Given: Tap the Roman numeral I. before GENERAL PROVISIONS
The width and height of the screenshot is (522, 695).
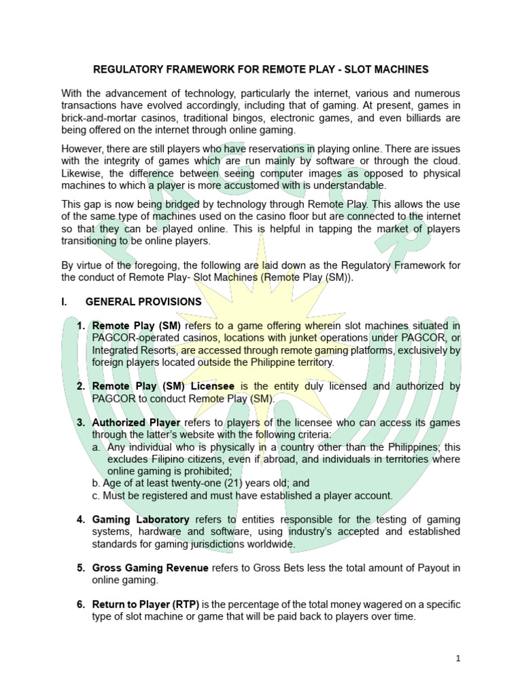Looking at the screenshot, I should click(x=65, y=301).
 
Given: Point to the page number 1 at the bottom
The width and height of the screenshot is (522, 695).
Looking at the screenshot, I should click(x=459, y=658).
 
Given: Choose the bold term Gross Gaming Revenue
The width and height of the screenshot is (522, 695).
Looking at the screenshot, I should click(x=151, y=568).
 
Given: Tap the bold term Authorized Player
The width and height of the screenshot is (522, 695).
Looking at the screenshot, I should click(x=135, y=423).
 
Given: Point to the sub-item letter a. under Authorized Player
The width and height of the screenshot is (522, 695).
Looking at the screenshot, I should click(x=97, y=447).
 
